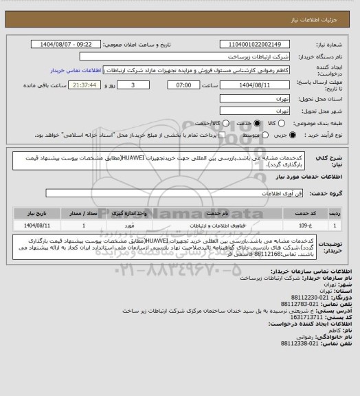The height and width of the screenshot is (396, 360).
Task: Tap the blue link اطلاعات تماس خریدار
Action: (76, 70)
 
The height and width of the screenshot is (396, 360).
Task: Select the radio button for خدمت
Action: (258, 123)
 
